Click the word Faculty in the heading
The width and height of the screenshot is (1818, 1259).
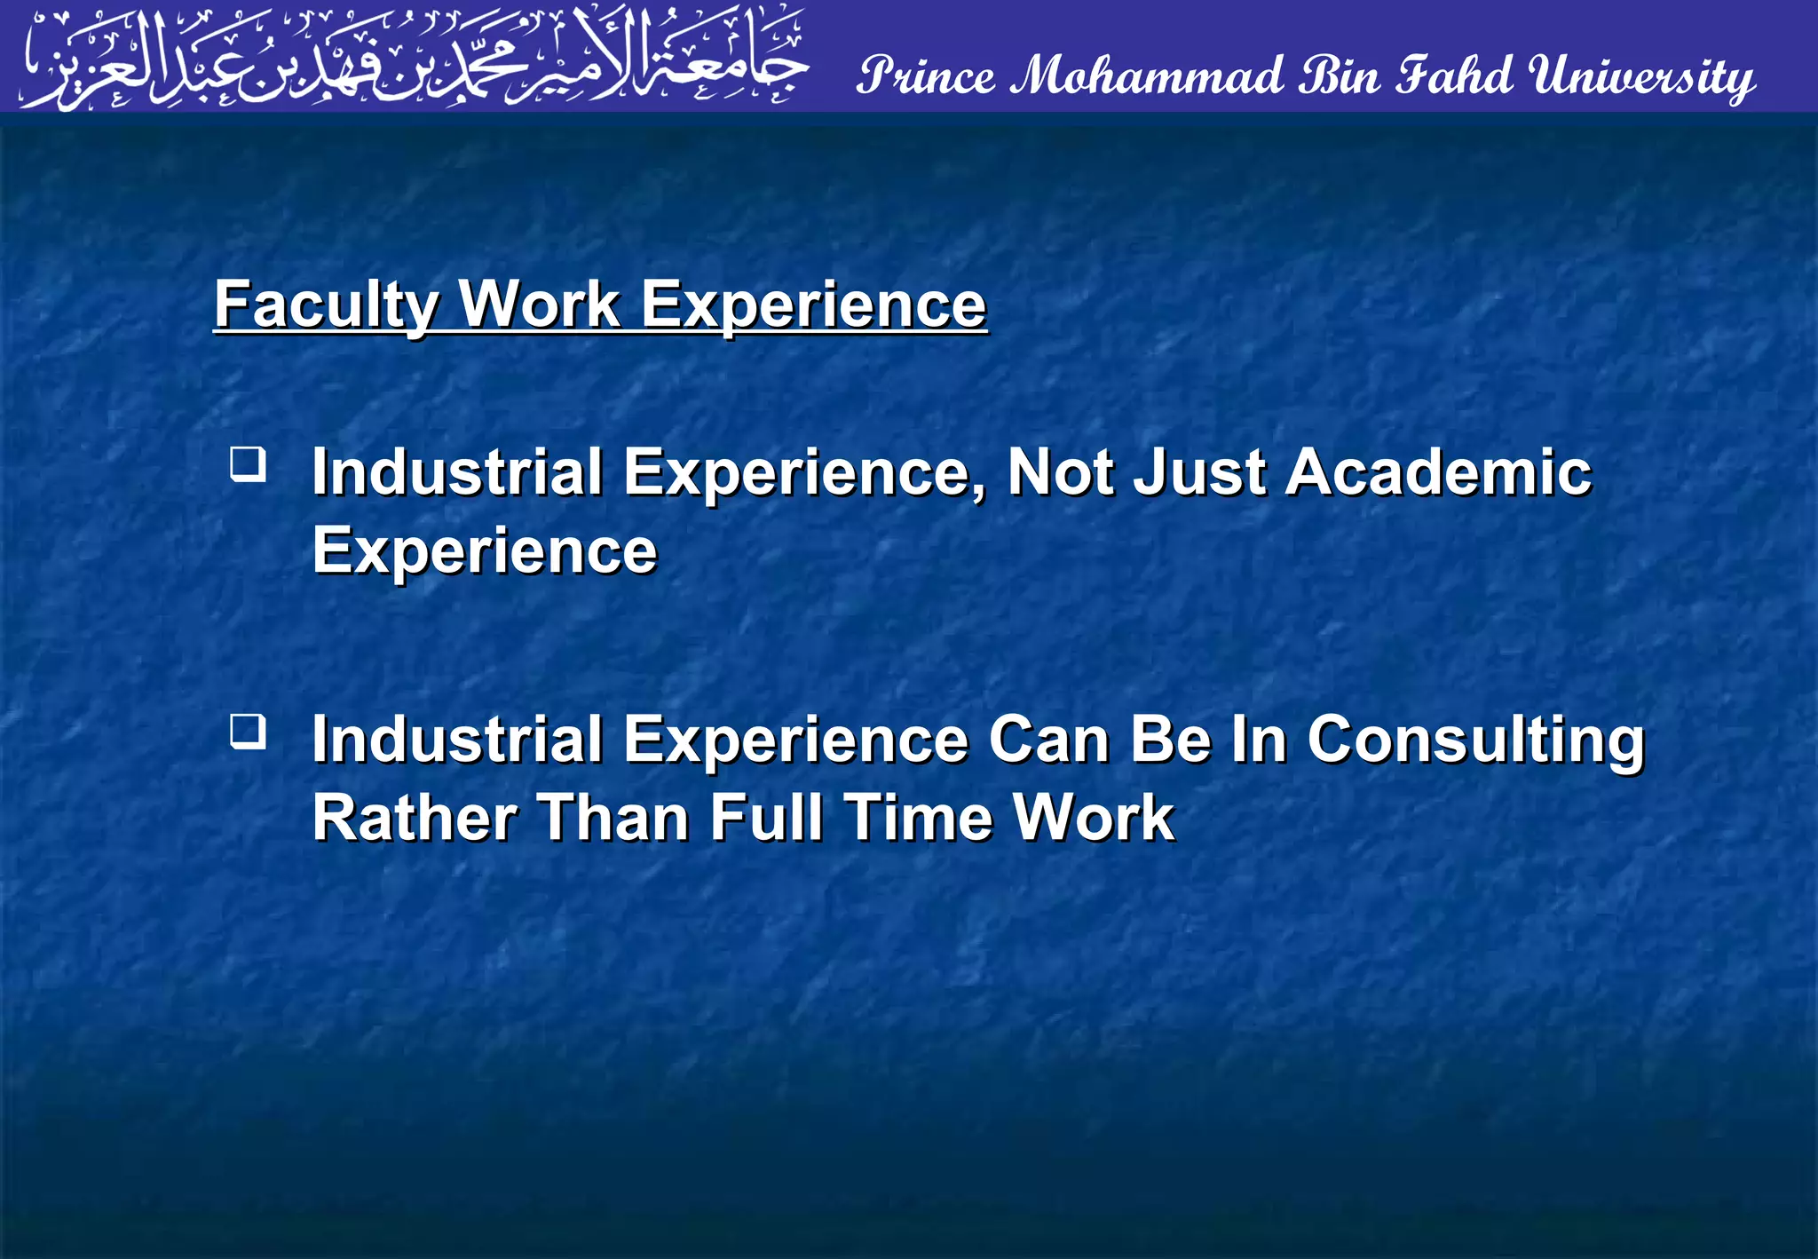pyautogui.click(x=325, y=305)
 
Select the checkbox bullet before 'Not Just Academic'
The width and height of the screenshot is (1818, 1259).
pyautogui.click(x=248, y=464)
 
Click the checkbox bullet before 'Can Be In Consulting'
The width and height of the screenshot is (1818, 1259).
pyautogui.click(x=248, y=732)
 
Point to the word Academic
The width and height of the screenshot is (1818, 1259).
pyautogui.click(x=1438, y=471)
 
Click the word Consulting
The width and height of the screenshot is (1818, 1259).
pyautogui.click(x=1475, y=740)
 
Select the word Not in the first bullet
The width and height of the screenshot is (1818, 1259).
pyautogui.click(x=1060, y=471)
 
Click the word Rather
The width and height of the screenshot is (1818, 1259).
pyautogui.click(x=415, y=818)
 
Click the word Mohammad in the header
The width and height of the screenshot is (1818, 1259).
pyautogui.click(x=1149, y=75)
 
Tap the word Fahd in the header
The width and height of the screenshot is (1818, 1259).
pyautogui.click(x=1453, y=75)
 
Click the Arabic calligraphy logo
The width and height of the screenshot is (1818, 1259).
pyautogui.click(x=414, y=58)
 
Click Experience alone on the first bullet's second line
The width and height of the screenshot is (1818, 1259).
pyautogui.click(x=485, y=551)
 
